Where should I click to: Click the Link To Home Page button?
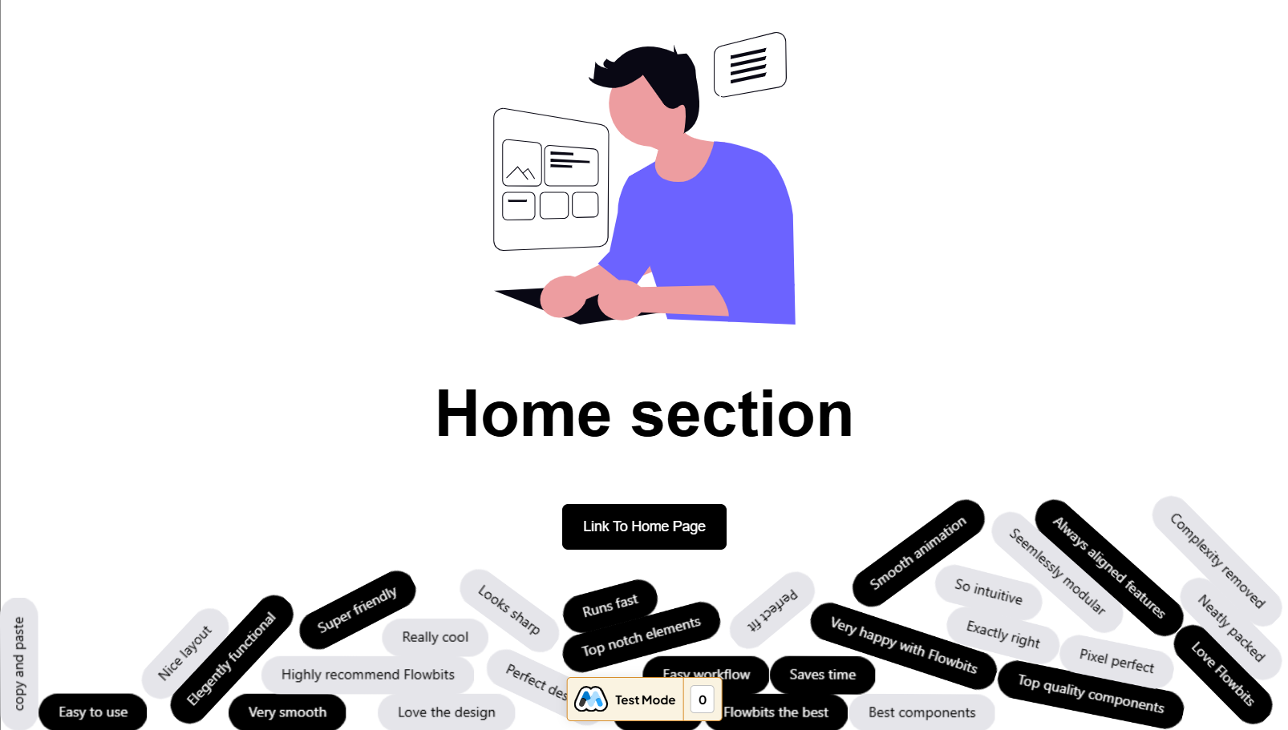[644, 526]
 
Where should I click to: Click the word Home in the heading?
[523, 414]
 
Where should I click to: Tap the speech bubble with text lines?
[749, 65]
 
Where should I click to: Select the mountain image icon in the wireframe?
[521, 163]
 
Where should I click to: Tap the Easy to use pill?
[93, 712]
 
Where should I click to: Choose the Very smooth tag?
[287, 712]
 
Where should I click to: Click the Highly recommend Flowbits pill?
[367, 675]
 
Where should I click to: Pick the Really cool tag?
[435, 637]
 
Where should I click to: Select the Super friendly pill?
[357, 610]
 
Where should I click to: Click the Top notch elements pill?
[641, 636]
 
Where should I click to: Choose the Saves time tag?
[822, 675]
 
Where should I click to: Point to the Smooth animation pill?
[917, 553]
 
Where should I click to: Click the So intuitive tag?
[988, 591]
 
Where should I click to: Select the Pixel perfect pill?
[1116, 660]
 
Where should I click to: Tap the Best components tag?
[921, 712]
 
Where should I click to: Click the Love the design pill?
[446, 712]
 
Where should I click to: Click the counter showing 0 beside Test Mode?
[702, 700]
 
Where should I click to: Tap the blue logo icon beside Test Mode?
[591, 700]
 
